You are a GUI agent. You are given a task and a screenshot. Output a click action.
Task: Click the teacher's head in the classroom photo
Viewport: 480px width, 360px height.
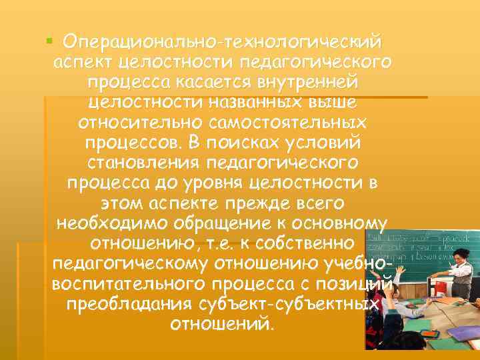(461, 257)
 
